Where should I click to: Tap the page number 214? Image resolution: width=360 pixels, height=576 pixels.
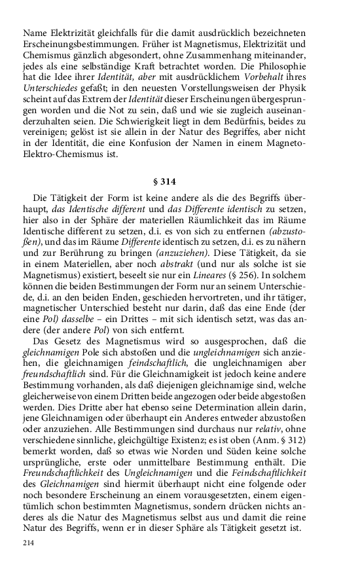(x=28, y=543)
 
